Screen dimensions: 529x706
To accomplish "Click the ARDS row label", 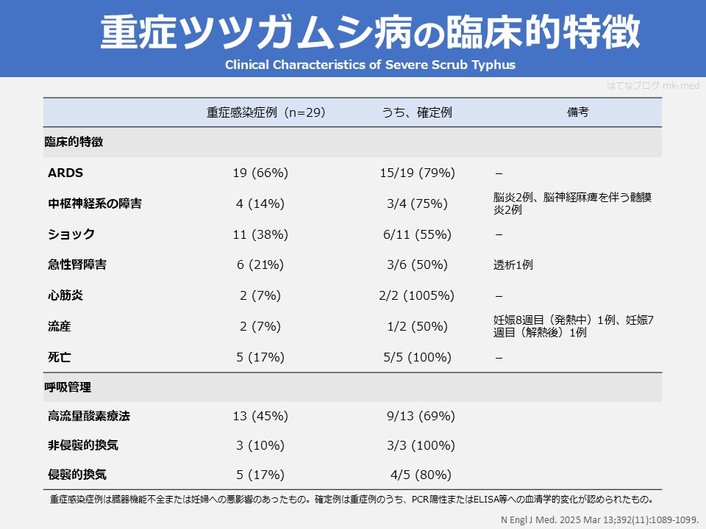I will (x=65, y=173).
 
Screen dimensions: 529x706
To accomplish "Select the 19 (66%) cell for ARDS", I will (x=260, y=173).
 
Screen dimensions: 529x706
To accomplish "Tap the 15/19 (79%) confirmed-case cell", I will (x=417, y=173).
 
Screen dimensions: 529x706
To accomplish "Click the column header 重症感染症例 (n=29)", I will (x=265, y=112).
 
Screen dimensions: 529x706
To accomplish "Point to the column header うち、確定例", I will (x=416, y=112).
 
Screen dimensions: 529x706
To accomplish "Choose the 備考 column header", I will (x=577, y=112).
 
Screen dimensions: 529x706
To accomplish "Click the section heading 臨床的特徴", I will (x=74, y=143).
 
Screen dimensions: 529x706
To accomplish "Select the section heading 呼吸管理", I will (x=68, y=386).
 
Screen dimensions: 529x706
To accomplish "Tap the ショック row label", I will (x=71, y=234).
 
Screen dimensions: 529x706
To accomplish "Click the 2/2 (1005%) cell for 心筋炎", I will (x=416, y=295).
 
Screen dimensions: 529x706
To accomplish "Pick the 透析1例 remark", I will (x=513, y=265).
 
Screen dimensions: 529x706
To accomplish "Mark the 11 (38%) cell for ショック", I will (x=260, y=234).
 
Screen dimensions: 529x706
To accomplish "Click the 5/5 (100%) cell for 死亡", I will (x=416, y=357).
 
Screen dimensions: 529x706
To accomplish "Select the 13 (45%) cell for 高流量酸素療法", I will (x=260, y=416).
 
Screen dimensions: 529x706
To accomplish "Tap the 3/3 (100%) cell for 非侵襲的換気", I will (x=421, y=445).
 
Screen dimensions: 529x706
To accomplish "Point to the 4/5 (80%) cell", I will (x=419, y=475).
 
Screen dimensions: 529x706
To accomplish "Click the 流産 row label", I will (x=60, y=326).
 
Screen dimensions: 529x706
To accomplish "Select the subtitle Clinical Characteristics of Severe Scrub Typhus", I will (x=370, y=65).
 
